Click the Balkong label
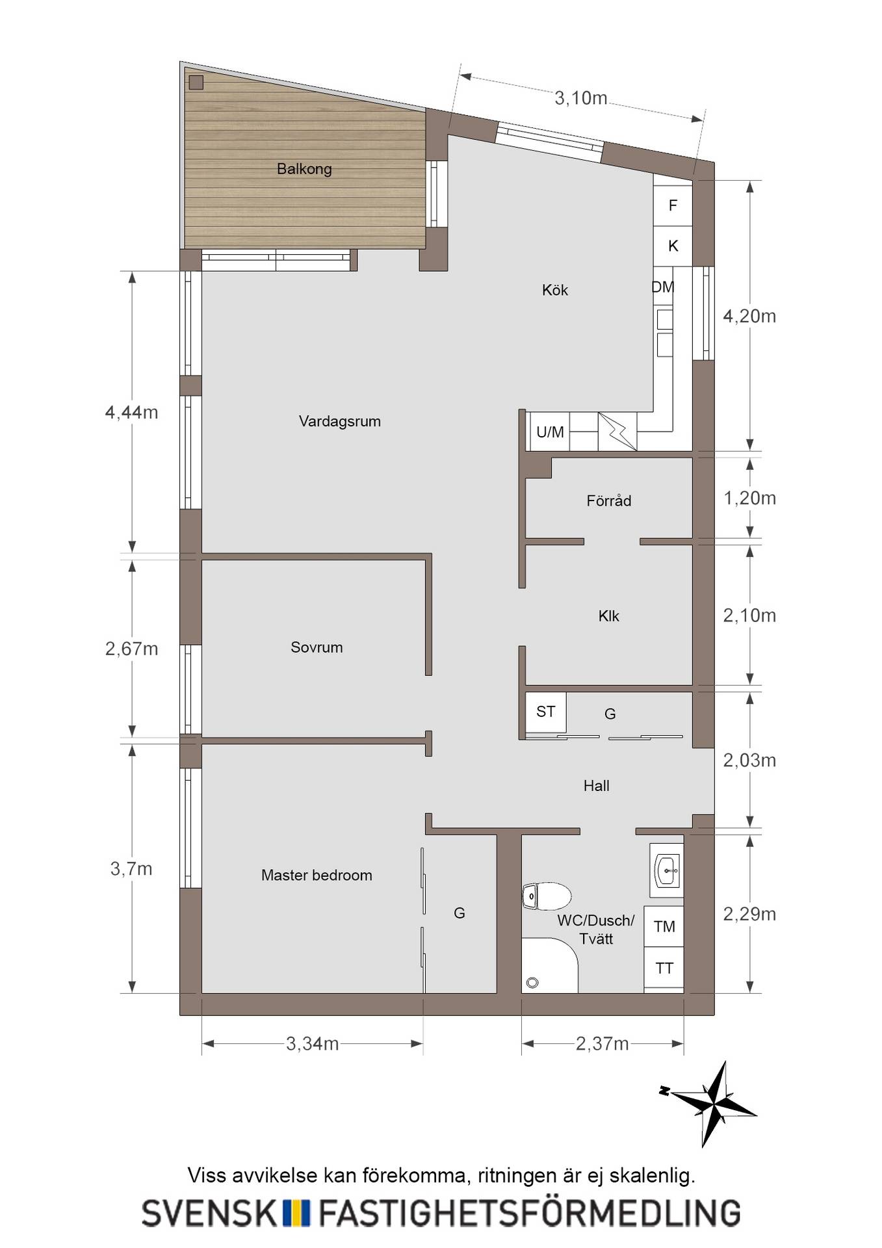coord(304,169)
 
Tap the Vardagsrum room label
coord(340,421)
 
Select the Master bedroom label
coord(317,876)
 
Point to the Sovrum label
coord(317,647)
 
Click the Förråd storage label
coord(609,500)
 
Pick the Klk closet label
coord(609,616)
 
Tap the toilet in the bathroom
coord(547,896)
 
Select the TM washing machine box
coord(664,926)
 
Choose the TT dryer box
coord(664,968)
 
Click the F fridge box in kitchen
coord(673,205)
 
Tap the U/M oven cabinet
coord(551,432)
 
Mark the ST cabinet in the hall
coord(546,712)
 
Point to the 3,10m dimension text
coord(581,98)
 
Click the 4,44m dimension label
coord(132,412)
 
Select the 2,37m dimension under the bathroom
coord(603,1044)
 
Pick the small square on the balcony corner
coord(196,83)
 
